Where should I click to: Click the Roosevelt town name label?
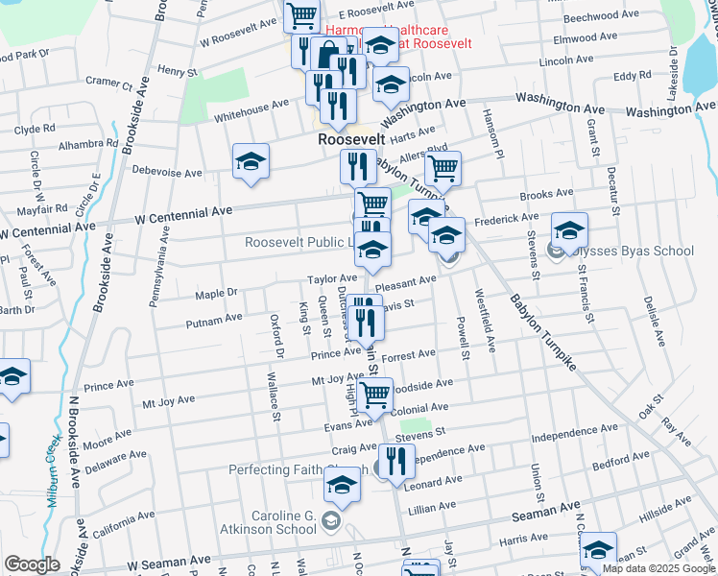[352, 138]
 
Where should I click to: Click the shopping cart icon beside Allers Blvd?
[443, 169]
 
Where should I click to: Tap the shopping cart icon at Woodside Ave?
[375, 393]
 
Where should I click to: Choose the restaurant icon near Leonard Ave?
[396, 461]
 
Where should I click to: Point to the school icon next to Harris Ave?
[598, 549]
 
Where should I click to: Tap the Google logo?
[32, 564]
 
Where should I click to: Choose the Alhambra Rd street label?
[85, 146]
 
